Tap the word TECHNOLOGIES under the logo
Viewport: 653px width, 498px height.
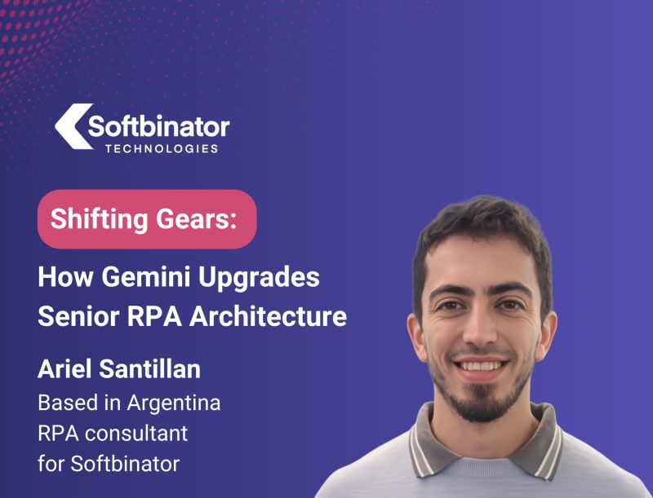pyautogui.click(x=162, y=149)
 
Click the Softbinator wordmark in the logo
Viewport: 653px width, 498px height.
pyautogui.click(x=158, y=126)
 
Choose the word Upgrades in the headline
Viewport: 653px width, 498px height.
pyautogui.click(x=259, y=277)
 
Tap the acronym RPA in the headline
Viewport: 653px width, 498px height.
pyautogui.click(x=154, y=316)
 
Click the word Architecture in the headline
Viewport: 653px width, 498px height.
pyautogui.click(x=269, y=316)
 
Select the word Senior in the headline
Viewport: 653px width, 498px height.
pyautogui.click(x=78, y=316)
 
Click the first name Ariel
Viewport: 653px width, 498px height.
pyautogui.click(x=65, y=368)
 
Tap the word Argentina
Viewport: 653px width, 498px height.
pyautogui.click(x=174, y=403)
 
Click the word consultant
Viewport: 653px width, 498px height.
pyautogui.click(x=136, y=434)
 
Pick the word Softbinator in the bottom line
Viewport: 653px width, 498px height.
pyautogui.click(x=125, y=464)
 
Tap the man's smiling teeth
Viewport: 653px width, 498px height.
pyautogui.click(x=479, y=366)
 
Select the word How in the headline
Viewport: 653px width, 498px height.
pyautogui.click(x=66, y=277)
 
